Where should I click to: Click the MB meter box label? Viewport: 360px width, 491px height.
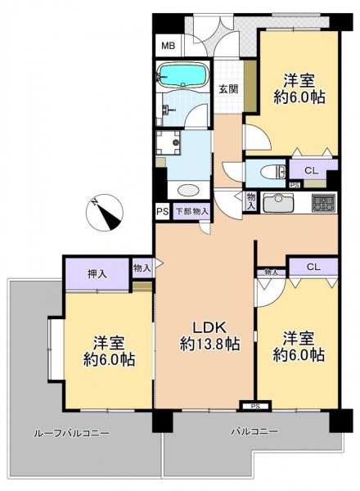[x=168, y=46]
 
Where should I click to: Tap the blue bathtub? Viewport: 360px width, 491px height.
[x=183, y=74]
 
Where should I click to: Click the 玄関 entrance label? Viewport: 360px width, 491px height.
[x=228, y=89]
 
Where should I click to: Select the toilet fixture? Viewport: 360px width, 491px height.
[x=273, y=172]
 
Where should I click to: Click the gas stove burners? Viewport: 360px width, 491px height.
[x=324, y=203]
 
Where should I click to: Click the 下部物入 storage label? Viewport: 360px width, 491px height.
[x=192, y=211]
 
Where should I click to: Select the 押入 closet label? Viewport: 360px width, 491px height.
[x=97, y=274]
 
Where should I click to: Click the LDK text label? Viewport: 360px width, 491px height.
[x=209, y=327]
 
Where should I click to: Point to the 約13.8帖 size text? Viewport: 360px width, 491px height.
[x=209, y=345]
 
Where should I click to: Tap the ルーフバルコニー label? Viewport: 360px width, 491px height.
[x=71, y=434]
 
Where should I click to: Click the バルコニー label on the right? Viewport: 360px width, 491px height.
[x=254, y=431]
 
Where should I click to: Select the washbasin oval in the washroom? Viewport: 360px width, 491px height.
[x=188, y=190]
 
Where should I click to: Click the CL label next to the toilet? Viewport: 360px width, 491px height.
[x=312, y=171]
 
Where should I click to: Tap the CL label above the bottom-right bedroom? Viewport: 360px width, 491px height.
[x=313, y=267]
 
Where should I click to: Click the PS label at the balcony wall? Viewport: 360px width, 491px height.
[x=255, y=407]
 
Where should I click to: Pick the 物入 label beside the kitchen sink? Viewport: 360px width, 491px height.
[x=251, y=201]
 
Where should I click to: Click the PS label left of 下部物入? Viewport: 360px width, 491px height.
[x=163, y=211]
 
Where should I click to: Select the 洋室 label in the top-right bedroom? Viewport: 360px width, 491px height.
[x=299, y=81]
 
